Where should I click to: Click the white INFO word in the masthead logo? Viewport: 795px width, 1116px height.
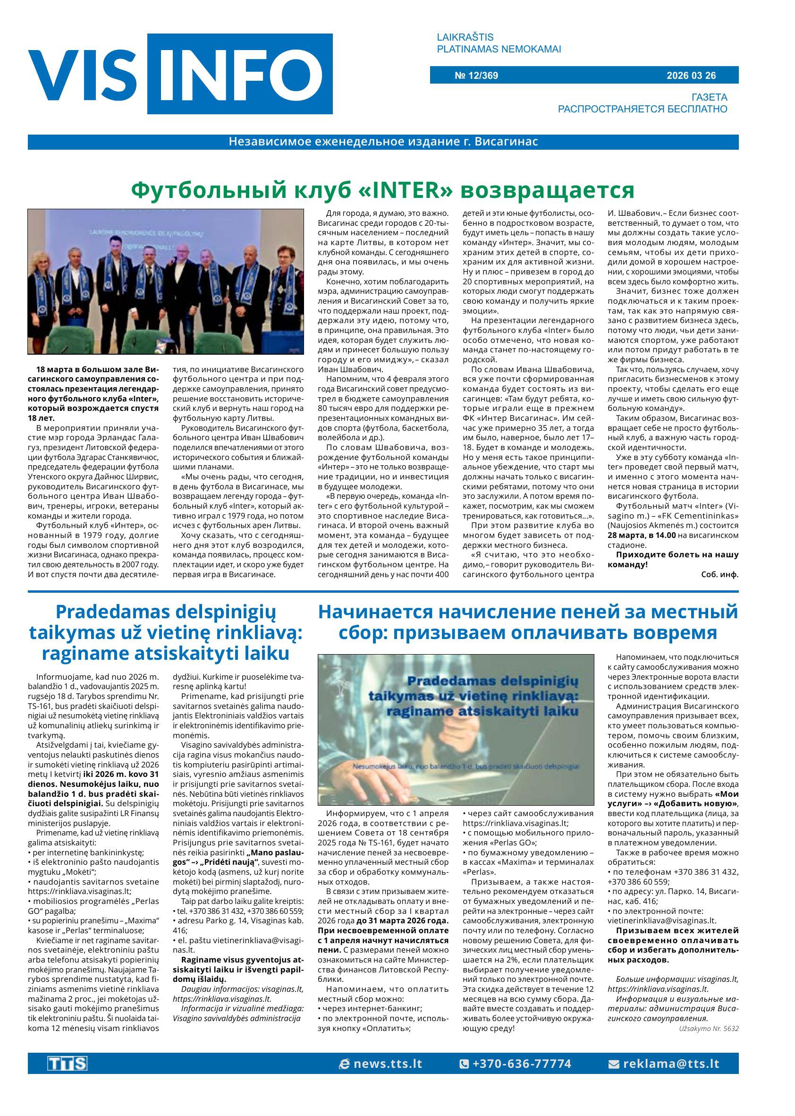(x=240, y=74)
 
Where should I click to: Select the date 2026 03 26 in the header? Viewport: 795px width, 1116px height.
(x=691, y=76)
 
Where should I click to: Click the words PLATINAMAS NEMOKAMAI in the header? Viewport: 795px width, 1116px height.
(x=499, y=49)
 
